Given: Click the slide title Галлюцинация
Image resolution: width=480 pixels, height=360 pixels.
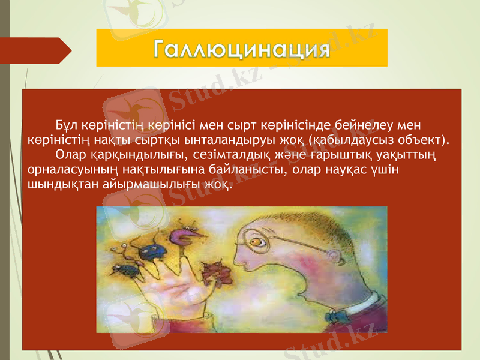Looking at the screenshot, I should tap(241, 48).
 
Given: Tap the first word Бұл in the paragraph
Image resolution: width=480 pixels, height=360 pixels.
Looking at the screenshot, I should tap(65, 125).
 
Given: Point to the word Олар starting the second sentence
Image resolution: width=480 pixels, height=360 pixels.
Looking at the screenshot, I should tap(70, 155).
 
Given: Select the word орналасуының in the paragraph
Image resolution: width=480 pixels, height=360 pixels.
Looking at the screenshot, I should tap(65, 170).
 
